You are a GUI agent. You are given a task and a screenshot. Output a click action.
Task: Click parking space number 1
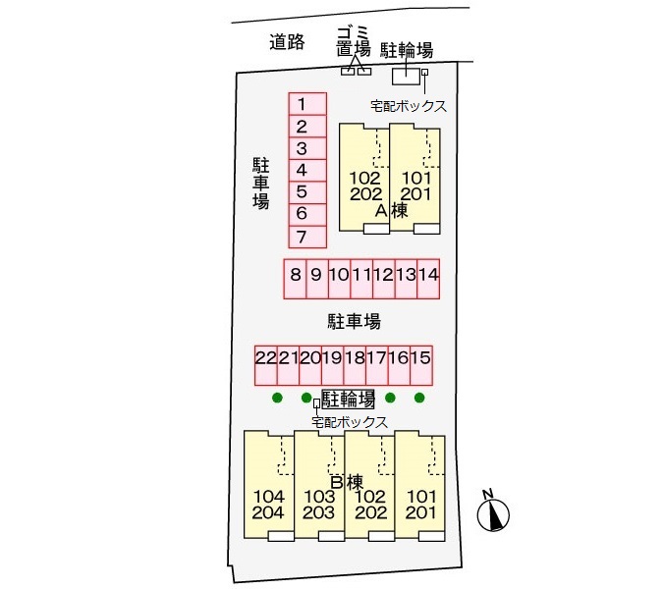coord(307,103)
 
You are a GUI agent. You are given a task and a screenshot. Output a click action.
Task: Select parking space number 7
coord(307,237)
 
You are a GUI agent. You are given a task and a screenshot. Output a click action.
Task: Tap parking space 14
coord(428,279)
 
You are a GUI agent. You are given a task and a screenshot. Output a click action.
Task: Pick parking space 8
coord(295,279)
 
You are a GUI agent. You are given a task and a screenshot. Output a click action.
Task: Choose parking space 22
coord(266,365)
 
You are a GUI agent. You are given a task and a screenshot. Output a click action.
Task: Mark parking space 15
coord(421,365)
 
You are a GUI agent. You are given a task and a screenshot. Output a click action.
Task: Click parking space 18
coord(355,365)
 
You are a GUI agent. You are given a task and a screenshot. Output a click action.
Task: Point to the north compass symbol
coord(493,512)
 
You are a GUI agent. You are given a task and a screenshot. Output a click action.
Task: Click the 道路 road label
coord(287,42)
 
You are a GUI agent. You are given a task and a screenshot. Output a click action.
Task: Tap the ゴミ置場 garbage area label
coord(354,41)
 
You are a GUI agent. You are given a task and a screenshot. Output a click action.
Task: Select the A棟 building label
coord(392,210)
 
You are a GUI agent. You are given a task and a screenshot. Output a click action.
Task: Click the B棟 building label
coord(347,482)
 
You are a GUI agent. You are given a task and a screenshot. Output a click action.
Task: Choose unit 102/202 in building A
coord(364,178)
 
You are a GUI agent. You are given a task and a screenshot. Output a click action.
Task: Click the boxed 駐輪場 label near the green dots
coord(348,399)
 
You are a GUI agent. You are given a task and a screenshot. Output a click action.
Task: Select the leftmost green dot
coord(277,398)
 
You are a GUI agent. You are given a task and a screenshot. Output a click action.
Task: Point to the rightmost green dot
coord(419,398)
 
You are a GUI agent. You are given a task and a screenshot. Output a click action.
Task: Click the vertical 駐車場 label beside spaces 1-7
coord(261,184)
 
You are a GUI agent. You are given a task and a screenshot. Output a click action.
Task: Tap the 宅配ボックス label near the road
coord(409,106)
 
